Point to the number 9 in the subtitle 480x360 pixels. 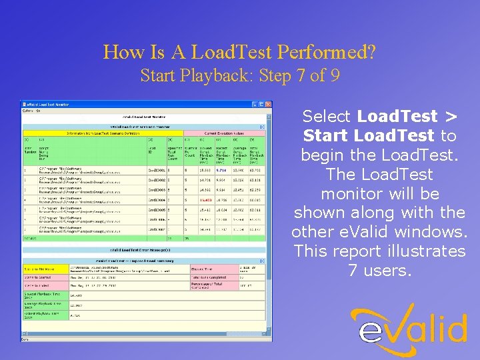pos(335,75)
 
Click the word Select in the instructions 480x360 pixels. pos(326,117)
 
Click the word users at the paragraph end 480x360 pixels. pos(386,271)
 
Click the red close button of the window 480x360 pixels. pos(268,104)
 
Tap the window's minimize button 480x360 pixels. pos(255,104)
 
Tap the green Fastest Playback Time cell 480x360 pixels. pos(45,314)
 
